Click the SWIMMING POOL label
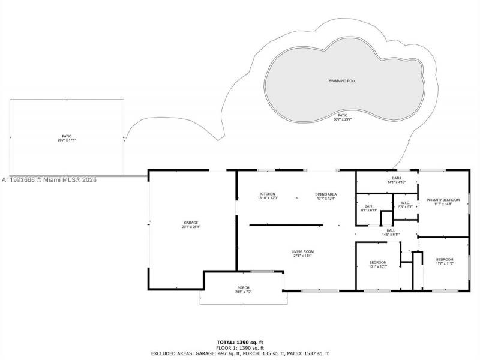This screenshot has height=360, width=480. coord(342,80)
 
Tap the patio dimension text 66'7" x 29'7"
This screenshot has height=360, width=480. coord(342,119)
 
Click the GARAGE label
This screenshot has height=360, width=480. coord(191,223)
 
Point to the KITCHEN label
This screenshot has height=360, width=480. coord(268,194)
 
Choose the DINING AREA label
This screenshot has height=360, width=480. coord(326,194)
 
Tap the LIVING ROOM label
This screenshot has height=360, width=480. coord(303,251)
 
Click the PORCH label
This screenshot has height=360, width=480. coord(242,288)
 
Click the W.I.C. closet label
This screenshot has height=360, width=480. coord(405,203)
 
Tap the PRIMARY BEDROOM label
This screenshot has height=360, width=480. coord(443,199)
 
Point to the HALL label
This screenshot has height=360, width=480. coord(391,230)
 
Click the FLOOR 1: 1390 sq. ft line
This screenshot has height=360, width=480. coord(239,348)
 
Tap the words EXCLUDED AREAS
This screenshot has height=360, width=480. coord(171,353)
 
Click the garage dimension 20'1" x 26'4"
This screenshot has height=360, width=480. coord(191,227)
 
